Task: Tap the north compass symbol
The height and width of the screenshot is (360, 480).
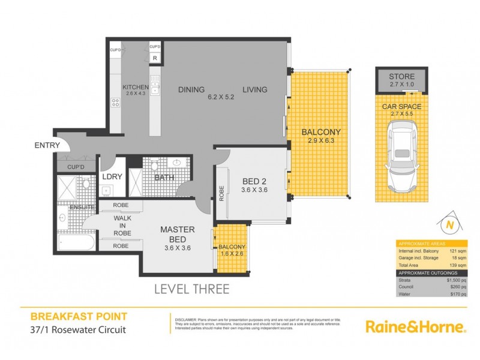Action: (x=449, y=226)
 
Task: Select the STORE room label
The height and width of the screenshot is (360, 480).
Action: (x=402, y=77)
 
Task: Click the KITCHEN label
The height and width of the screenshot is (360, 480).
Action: (x=136, y=88)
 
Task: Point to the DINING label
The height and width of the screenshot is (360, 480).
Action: (x=191, y=89)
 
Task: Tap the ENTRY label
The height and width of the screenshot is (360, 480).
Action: (x=46, y=145)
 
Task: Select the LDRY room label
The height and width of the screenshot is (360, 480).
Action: (x=112, y=177)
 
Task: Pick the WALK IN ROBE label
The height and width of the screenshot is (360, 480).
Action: (x=122, y=226)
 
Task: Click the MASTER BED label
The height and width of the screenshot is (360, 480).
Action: (x=176, y=234)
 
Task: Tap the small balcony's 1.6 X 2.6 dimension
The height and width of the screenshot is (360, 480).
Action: (x=232, y=253)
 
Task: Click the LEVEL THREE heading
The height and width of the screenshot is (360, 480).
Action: (x=191, y=289)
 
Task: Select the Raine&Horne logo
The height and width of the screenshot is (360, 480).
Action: (x=416, y=327)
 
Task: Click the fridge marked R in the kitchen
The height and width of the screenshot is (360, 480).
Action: (x=155, y=58)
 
